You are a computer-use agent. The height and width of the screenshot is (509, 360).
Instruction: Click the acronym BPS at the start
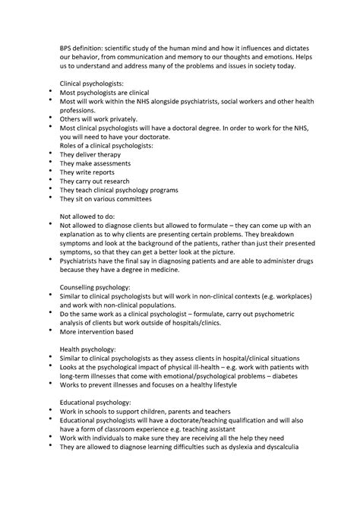tap(67, 47)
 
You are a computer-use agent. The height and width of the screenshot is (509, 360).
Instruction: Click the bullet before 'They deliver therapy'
tap(50, 153)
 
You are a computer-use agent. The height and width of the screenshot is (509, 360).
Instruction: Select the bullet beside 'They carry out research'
tap(50, 181)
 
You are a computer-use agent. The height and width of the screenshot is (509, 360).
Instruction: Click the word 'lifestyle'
tap(240, 388)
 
